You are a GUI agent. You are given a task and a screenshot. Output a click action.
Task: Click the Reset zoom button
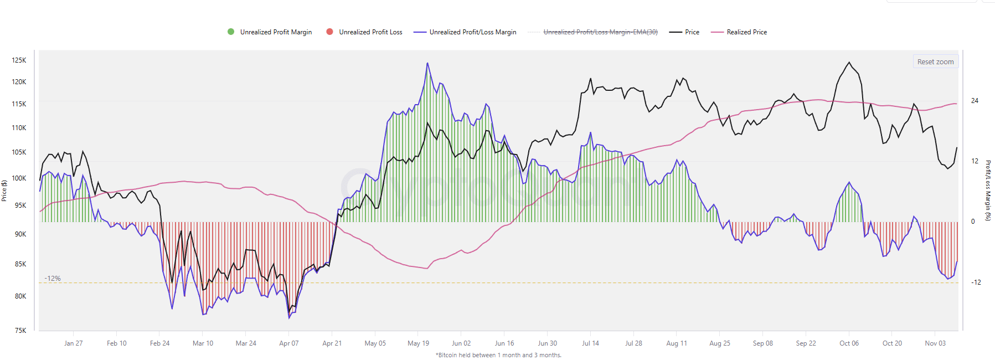(935, 61)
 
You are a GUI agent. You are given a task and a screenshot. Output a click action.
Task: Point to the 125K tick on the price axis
(19, 60)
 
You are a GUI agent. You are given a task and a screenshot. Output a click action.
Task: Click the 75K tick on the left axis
(20, 331)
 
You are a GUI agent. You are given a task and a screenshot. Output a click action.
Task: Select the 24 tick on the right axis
(975, 101)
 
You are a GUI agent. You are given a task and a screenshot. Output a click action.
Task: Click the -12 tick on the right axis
(976, 282)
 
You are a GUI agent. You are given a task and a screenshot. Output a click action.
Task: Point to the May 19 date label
(418, 343)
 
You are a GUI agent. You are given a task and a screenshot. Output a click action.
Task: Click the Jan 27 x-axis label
(73, 343)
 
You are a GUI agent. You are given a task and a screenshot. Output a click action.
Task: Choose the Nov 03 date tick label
(935, 343)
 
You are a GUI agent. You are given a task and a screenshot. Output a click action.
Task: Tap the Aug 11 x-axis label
(677, 343)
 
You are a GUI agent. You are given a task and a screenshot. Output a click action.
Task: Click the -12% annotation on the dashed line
(53, 279)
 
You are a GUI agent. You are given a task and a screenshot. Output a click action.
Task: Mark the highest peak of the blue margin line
(427, 63)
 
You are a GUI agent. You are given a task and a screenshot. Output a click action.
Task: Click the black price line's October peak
(849, 62)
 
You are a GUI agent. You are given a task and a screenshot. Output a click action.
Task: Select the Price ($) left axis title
(4, 191)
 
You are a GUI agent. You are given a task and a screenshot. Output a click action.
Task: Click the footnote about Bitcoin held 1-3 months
(498, 355)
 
